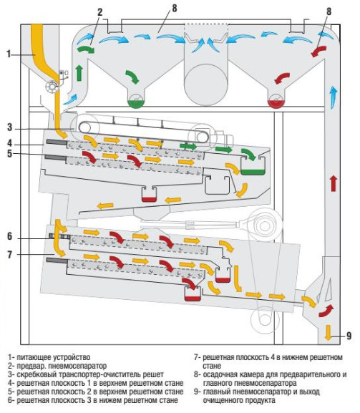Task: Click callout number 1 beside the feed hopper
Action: (9, 54)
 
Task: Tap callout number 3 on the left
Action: (10, 127)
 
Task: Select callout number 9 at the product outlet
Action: (349, 336)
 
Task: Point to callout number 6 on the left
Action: (10, 236)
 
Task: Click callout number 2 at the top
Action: (99, 12)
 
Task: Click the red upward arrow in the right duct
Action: (334, 183)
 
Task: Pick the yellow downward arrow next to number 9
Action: (328, 332)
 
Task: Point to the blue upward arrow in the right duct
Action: (334, 97)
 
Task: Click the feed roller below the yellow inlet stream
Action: (52, 87)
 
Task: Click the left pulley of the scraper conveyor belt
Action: (84, 128)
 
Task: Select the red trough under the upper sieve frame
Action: (149, 199)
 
